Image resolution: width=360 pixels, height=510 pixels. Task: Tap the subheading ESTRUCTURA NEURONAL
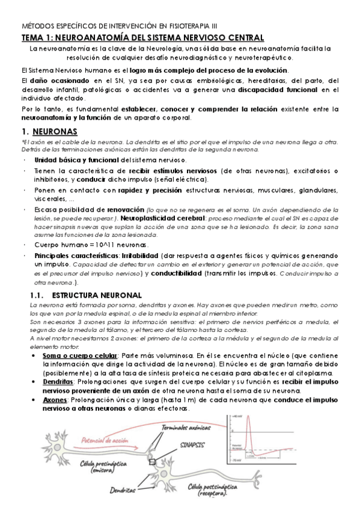(x=97, y=295)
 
